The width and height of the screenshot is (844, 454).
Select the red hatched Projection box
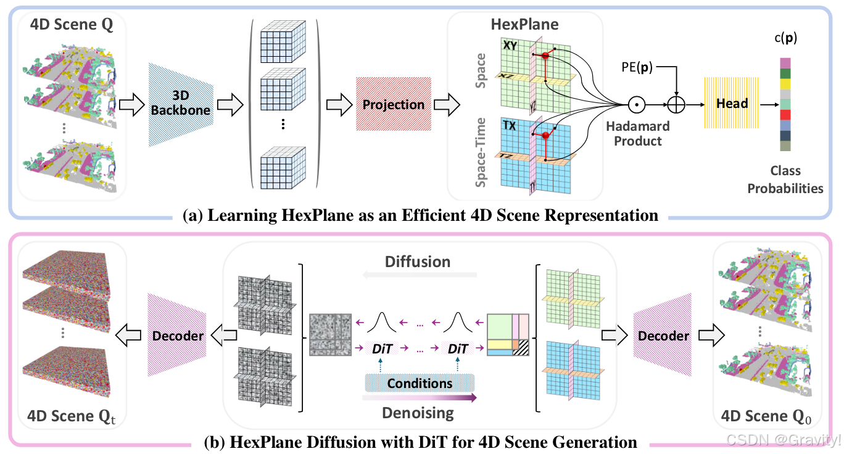393,104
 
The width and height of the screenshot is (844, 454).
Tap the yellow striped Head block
732,104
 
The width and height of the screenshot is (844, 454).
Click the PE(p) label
638,65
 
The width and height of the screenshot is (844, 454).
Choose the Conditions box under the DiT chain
420,383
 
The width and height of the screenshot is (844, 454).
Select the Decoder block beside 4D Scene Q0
663,336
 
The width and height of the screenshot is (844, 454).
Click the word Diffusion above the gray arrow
418,261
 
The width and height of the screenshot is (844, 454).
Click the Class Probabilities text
785,180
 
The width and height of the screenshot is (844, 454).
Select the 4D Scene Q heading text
63,28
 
